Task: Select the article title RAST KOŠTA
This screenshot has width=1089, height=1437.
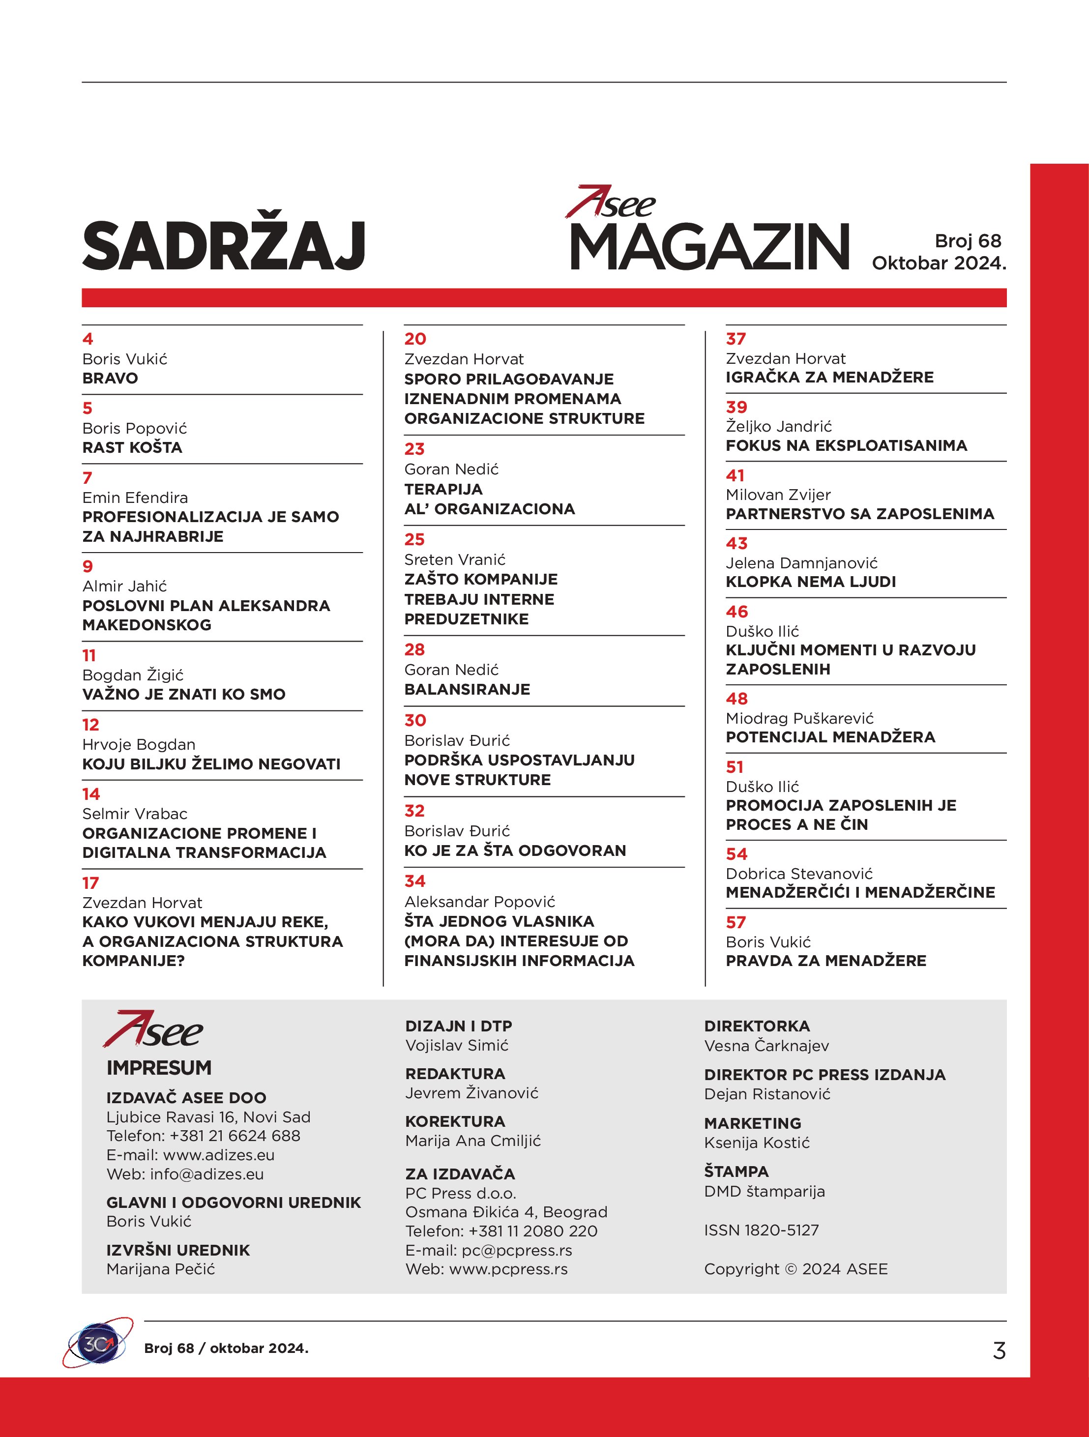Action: (x=132, y=447)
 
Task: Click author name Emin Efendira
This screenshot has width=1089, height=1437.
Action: (x=135, y=498)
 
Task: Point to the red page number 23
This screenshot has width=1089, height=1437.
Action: (x=414, y=449)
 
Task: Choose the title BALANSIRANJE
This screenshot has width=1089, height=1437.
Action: (x=467, y=689)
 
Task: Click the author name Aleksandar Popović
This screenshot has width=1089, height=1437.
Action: (x=479, y=902)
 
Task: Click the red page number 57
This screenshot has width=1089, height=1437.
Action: (x=736, y=922)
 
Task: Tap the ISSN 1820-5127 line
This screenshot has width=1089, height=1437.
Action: (x=761, y=1230)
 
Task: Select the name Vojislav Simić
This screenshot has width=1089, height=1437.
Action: (x=457, y=1045)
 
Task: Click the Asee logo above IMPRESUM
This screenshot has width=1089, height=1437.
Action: (x=153, y=1029)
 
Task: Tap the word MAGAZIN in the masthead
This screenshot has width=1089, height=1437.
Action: (x=709, y=246)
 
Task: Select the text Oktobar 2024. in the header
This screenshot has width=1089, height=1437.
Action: (x=938, y=263)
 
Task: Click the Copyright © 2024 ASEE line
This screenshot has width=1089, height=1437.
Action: (x=795, y=1269)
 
